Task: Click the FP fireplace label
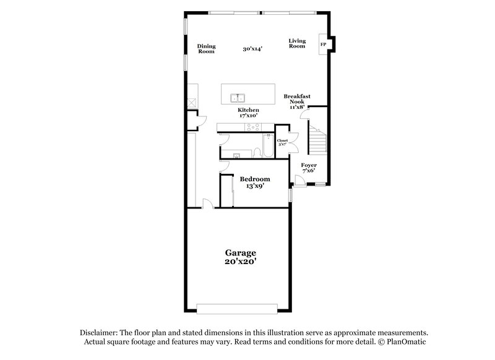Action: (x=323, y=45)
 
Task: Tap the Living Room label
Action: (x=297, y=43)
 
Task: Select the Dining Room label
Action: (x=206, y=48)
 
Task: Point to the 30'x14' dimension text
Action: (x=252, y=48)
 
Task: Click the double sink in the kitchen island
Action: (x=238, y=98)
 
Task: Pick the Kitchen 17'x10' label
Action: (x=248, y=113)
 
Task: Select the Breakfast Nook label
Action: (x=297, y=101)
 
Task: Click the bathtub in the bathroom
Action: (x=267, y=146)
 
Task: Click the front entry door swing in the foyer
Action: (x=298, y=181)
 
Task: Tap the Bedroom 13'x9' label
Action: (x=255, y=182)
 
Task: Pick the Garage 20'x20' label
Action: (x=239, y=257)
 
